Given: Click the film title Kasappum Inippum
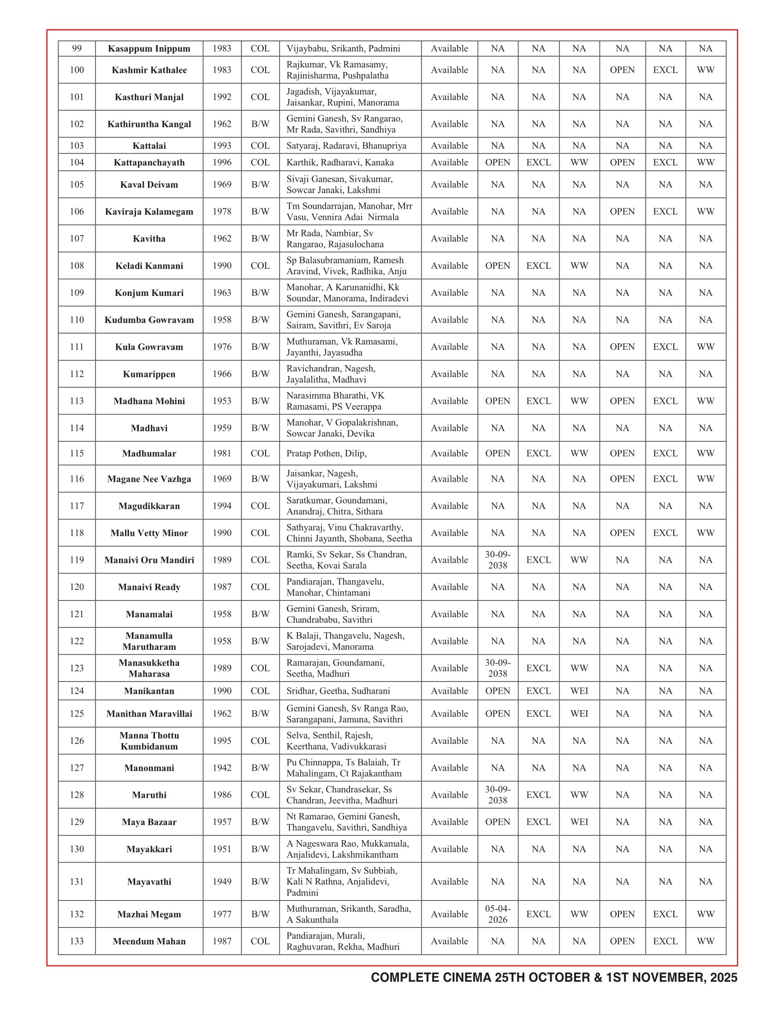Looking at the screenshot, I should point(149,49).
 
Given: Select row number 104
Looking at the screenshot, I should point(77,163).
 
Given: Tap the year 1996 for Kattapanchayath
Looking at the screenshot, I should point(222,163).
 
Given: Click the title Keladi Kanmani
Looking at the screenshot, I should point(149,266).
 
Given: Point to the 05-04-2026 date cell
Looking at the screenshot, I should point(498,914).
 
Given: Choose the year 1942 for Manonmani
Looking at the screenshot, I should point(222,768).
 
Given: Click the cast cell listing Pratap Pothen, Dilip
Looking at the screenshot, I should point(327,454).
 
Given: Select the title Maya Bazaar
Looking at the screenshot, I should point(149,822).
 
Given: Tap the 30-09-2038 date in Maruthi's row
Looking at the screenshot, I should point(498,795).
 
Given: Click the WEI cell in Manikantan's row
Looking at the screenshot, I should point(579,691).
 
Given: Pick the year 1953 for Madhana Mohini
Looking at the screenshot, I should point(222,401).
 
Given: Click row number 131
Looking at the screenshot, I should point(77,882).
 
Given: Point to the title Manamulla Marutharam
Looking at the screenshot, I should point(149,641).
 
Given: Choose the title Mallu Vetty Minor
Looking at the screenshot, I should point(149,533).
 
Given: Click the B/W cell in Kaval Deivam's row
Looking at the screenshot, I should point(260,185).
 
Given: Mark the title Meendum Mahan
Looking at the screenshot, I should point(149,941).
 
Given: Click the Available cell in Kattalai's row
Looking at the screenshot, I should point(449,146).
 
